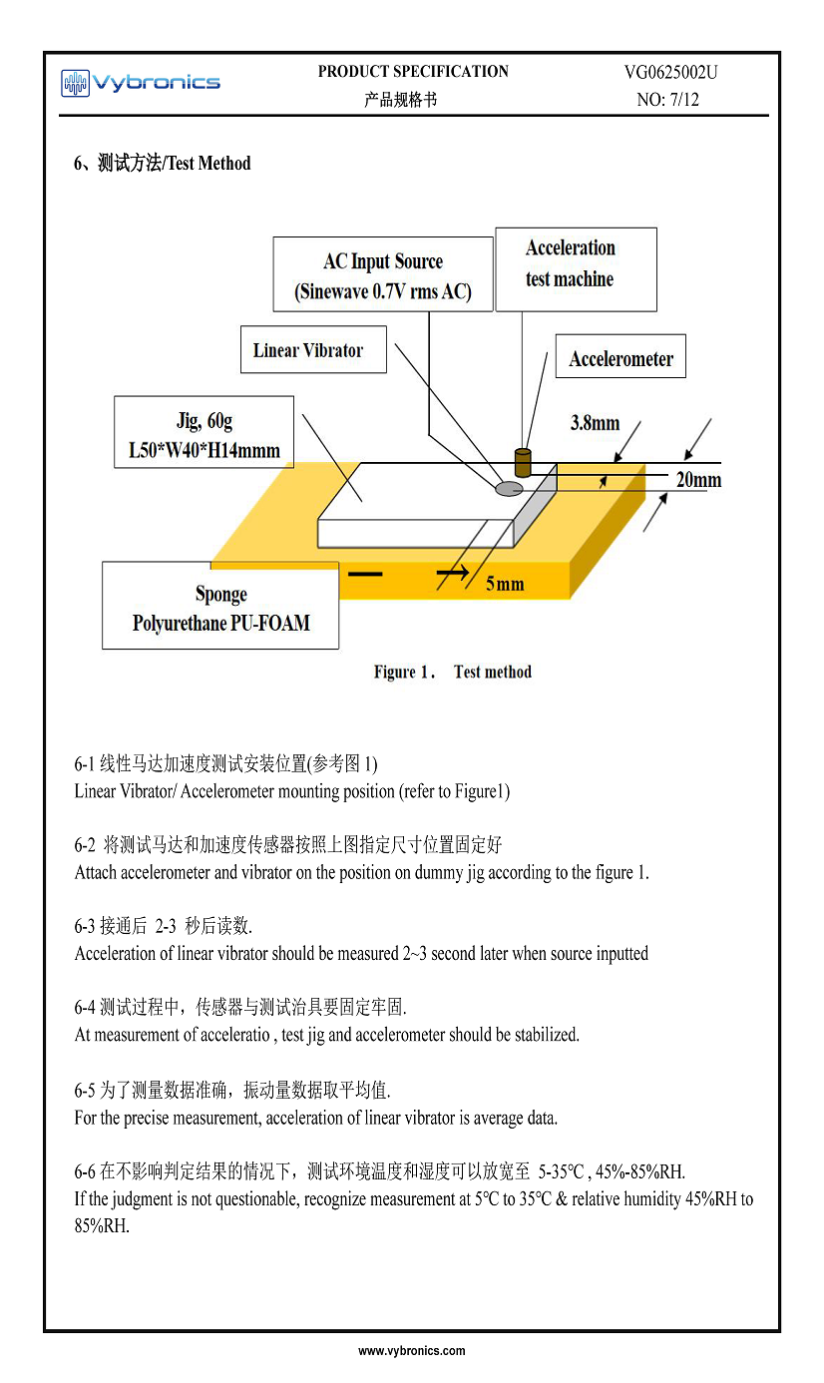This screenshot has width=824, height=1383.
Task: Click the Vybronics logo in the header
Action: tap(140, 83)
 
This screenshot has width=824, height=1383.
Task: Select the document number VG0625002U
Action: tap(670, 72)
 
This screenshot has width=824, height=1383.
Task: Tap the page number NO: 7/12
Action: tap(667, 100)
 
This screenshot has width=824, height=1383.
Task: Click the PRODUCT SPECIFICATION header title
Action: tap(413, 72)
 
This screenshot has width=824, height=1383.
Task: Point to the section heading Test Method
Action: tap(163, 164)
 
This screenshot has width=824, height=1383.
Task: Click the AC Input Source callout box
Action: tap(383, 275)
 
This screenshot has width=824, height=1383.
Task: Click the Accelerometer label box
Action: tap(620, 359)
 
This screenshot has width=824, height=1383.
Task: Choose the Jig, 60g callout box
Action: tap(205, 433)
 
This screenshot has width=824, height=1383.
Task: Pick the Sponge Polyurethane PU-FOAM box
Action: tap(220, 607)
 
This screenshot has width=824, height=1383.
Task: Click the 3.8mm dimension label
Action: tap(595, 423)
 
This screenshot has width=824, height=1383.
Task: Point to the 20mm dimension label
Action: tap(697, 480)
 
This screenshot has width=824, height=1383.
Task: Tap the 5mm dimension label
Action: tap(505, 584)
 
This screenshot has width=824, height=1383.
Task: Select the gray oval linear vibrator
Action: tap(510, 488)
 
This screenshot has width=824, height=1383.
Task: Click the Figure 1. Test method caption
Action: tap(453, 673)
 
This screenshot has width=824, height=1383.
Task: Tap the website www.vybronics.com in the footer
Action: tap(412, 1351)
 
